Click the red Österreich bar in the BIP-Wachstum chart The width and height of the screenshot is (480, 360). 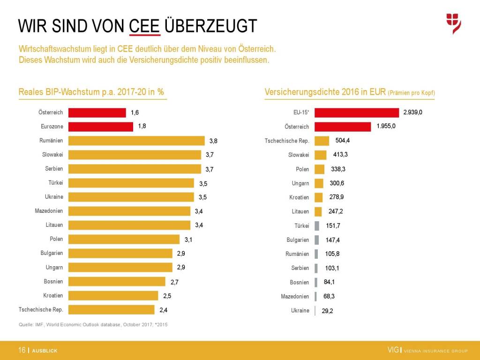[97, 112]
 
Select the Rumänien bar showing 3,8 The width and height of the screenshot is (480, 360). [136, 141]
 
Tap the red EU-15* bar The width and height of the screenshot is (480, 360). [356, 112]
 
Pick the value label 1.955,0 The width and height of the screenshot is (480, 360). [386, 126]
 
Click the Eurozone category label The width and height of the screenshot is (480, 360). [52, 127]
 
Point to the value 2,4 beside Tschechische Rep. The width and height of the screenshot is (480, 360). [164, 310]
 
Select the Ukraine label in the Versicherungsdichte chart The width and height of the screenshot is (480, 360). [300, 310]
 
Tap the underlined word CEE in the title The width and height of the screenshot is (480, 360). [145, 26]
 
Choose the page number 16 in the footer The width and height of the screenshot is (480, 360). [22, 350]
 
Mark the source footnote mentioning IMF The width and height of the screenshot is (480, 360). [93, 324]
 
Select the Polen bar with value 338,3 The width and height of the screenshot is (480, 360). [319, 169]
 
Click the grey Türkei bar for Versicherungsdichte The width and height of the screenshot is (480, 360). [317, 225]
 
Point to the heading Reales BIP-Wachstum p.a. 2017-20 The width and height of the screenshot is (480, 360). [91, 92]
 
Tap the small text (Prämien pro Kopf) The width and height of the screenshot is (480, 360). [411, 93]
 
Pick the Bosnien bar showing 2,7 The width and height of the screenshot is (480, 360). [117, 281]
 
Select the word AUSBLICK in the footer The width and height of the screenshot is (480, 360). [45, 351]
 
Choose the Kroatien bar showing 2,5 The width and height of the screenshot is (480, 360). [113, 295]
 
